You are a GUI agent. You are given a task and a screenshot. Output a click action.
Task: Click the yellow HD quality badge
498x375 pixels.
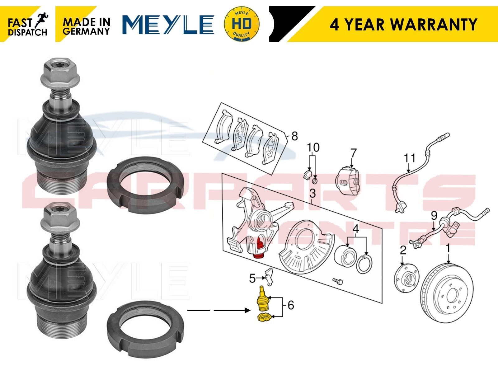coord(242,24)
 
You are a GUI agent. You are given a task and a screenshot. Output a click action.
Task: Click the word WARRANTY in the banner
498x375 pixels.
coord(434,24)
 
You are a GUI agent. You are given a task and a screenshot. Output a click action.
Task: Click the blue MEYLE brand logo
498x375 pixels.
coord(168,24)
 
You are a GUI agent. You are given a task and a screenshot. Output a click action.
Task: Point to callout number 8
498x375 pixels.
coord(294,136)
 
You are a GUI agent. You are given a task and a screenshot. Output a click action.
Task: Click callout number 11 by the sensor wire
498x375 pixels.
coord(410,158)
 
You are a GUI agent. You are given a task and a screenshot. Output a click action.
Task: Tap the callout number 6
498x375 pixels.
coord(291,305)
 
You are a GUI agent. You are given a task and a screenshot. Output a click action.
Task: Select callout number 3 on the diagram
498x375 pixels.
coord(312,194)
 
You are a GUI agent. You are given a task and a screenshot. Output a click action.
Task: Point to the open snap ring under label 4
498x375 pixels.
coord(364,264)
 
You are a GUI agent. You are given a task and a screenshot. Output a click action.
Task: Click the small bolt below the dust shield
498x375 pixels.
coord(338,282)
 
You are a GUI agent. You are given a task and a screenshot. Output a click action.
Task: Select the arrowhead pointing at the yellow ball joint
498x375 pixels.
coord(247,310)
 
